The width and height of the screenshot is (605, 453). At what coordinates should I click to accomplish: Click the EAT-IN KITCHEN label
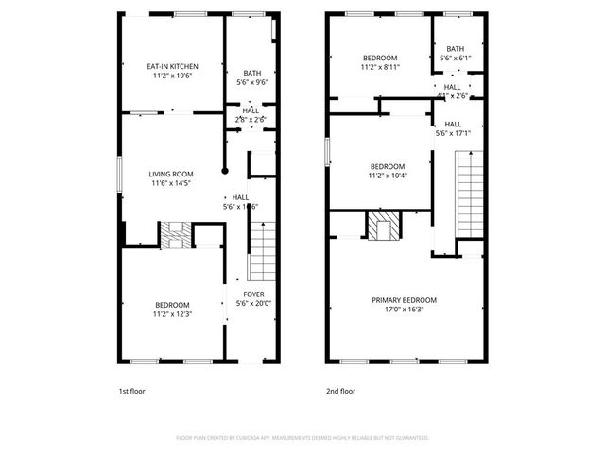point(172,66)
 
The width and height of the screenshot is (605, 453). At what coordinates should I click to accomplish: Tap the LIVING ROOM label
point(171,174)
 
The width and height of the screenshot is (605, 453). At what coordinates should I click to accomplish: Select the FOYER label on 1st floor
point(252,294)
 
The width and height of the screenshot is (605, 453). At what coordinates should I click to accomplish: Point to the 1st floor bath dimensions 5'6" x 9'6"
point(252,82)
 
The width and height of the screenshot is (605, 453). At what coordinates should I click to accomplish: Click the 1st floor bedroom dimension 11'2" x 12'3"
point(172,314)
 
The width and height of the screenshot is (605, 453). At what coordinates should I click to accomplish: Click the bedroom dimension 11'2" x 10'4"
point(387,176)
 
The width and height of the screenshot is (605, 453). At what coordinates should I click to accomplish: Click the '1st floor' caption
point(131,391)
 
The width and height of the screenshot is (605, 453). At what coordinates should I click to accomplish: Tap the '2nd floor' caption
point(340,391)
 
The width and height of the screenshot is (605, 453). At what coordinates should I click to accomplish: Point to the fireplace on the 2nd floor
point(383,227)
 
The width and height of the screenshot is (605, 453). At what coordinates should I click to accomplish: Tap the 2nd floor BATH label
point(456,49)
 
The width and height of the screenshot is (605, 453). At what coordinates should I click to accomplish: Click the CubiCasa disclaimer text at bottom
point(302,438)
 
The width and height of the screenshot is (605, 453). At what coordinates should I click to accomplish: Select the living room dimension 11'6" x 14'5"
point(171,184)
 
